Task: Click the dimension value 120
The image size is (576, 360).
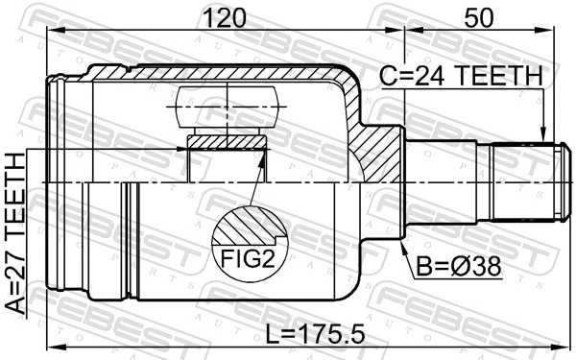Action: coord(227,16)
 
